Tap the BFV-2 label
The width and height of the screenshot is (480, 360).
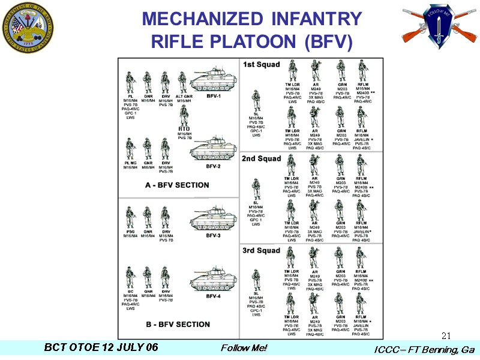click(214, 166)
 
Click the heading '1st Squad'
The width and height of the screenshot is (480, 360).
click(261, 64)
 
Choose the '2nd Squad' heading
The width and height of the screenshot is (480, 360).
click(261, 159)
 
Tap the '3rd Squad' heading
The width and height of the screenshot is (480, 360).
click(261, 250)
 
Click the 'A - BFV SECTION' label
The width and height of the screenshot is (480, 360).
click(177, 185)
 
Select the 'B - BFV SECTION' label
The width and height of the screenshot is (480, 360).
click(178, 325)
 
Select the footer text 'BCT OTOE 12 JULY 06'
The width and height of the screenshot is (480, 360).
click(101, 347)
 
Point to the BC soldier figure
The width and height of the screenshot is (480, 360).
click(130, 278)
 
